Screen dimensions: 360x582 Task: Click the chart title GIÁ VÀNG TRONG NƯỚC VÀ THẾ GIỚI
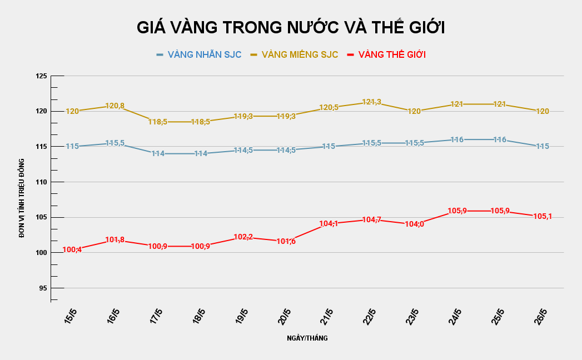(x=291, y=28)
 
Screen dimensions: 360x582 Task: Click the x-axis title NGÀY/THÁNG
(x=307, y=338)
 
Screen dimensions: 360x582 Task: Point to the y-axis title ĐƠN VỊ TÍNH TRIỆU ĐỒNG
(x=22, y=198)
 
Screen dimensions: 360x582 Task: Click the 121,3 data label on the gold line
(x=371, y=102)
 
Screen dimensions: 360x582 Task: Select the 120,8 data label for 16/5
(x=115, y=106)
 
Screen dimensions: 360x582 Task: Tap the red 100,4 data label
(x=72, y=250)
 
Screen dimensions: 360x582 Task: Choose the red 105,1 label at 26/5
(x=542, y=217)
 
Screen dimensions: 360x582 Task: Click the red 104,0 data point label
(x=414, y=224)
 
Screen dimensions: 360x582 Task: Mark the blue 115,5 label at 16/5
(x=115, y=143)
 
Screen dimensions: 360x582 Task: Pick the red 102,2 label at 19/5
(x=243, y=237)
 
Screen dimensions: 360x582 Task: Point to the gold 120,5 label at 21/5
(x=329, y=108)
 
